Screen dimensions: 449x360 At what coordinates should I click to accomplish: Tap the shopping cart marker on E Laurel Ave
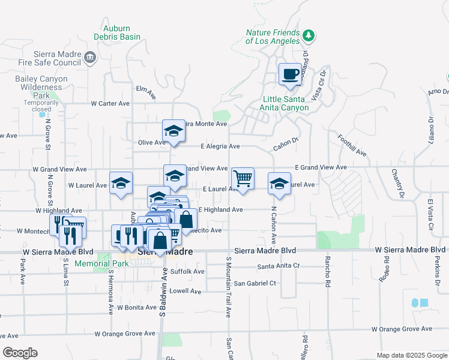243,178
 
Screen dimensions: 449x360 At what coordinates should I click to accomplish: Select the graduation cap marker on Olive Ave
173,131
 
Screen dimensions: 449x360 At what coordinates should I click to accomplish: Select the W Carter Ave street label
110,103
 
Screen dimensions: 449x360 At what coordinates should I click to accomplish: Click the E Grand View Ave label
321,167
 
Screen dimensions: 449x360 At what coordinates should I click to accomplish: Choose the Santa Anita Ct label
278,266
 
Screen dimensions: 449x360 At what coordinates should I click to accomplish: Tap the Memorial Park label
101,263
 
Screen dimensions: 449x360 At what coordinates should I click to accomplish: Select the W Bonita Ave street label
136,307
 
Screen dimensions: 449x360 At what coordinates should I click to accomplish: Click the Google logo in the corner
20,353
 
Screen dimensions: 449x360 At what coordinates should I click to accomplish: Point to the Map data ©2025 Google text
411,355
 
